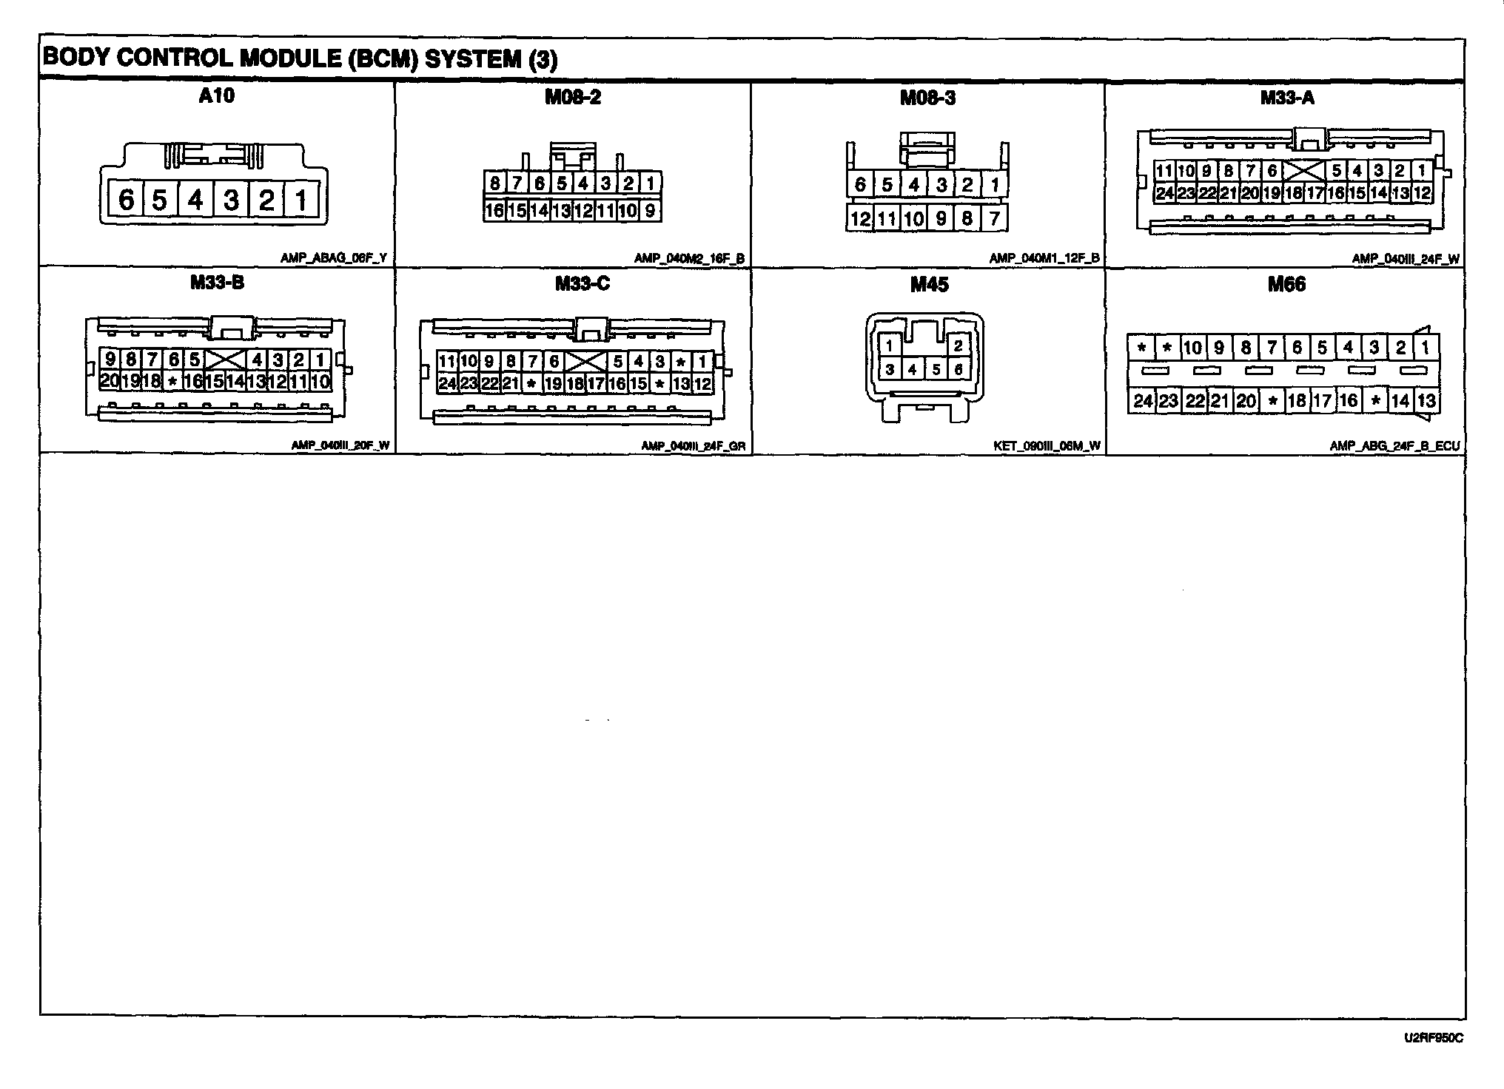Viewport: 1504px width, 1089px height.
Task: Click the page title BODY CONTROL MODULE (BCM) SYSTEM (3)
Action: coord(300,59)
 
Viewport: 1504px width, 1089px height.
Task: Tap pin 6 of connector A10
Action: coord(127,200)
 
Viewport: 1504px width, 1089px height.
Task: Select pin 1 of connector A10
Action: coord(301,200)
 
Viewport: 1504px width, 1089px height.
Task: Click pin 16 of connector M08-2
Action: coord(494,211)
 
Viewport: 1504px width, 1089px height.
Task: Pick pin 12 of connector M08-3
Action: coord(860,219)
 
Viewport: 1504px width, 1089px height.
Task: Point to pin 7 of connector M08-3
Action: coord(994,219)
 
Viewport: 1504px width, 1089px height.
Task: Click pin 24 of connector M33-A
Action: coord(1165,194)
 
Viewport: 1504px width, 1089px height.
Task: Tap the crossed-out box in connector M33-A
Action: coord(1304,172)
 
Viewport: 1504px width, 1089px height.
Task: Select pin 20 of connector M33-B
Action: coord(110,381)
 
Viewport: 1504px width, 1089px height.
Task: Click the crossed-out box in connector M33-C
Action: coord(585,362)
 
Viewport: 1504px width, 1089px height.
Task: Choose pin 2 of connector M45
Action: coord(958,345)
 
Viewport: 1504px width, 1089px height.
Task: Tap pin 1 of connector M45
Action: coord(890,345)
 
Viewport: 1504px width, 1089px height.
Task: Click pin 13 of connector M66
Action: coord(1426,401)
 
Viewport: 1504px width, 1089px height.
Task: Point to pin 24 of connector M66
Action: coord(1143,401)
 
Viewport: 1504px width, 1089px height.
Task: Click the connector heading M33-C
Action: coord(583,284)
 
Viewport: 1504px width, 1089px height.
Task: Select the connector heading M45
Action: coord(929,285)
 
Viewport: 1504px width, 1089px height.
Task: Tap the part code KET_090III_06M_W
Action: coord(1047,446)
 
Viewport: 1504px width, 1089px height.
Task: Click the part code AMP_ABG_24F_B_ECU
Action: coord(1394,446)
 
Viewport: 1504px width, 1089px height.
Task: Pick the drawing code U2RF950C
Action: coord(1433,1038)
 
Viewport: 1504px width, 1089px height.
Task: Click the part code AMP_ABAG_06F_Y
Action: coord(333,258)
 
